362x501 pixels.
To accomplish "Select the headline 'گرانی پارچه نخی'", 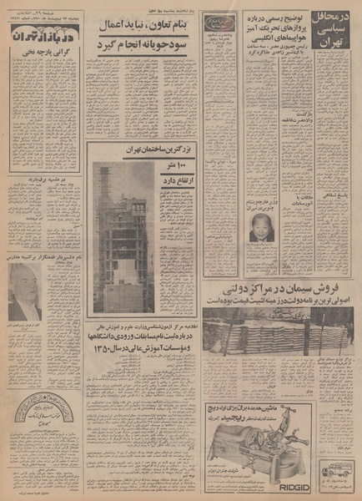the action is point(43,60).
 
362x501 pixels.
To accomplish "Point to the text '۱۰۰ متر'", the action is point(174,168).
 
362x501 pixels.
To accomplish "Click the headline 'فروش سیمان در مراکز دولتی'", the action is point(276,289).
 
